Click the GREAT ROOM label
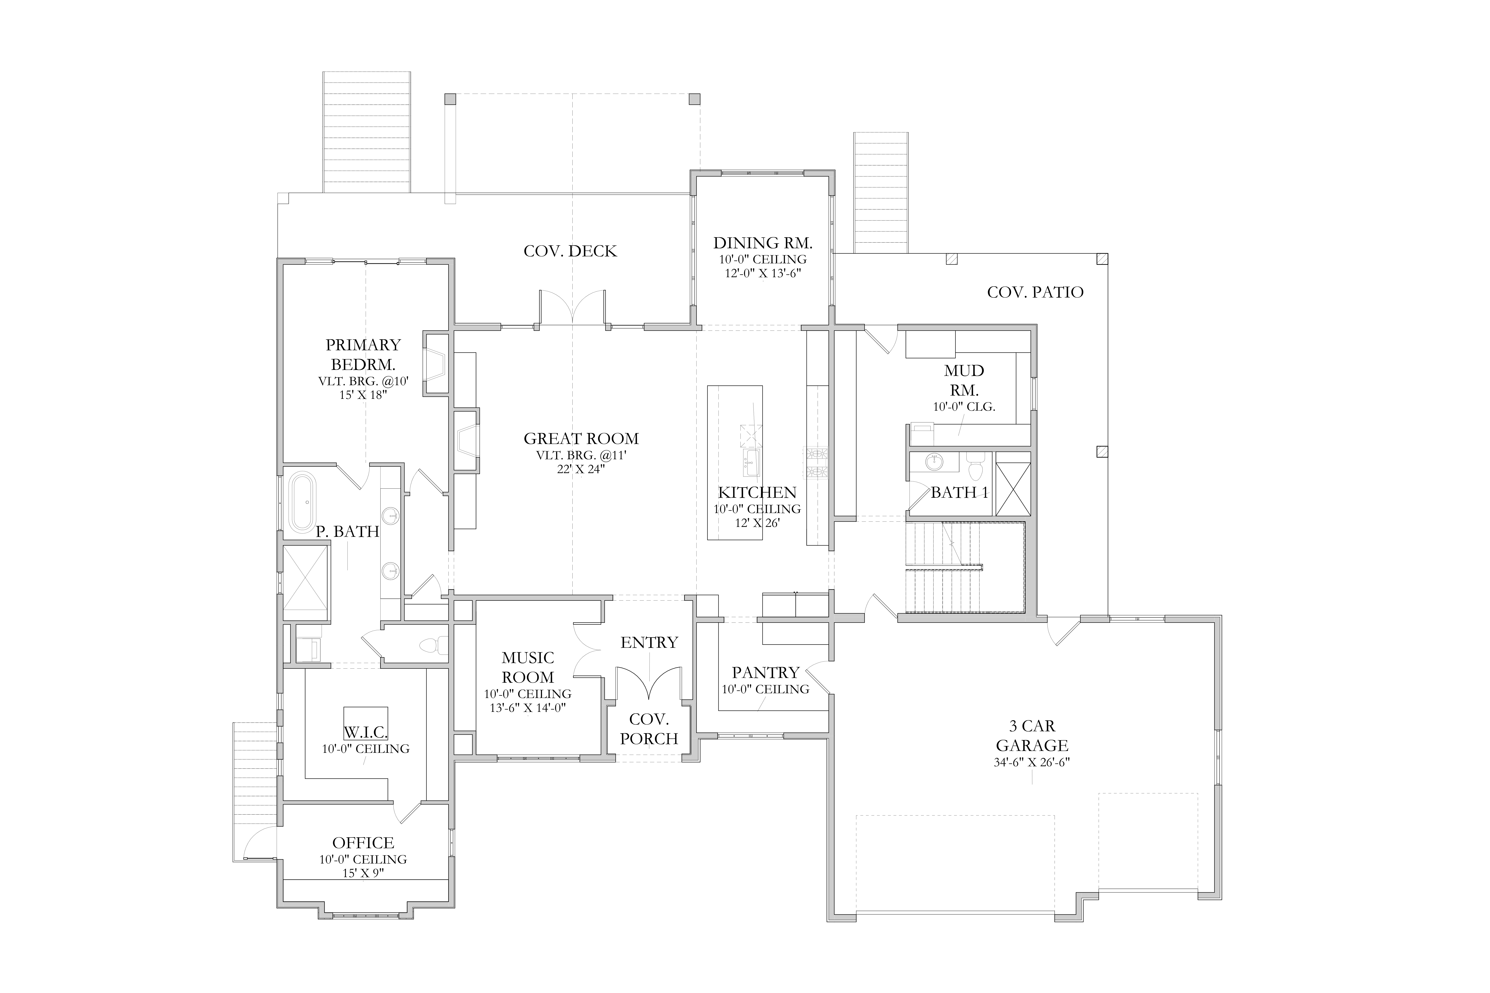pyautogui.click(x=581, y=438)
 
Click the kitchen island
pyautogui.click(x=735, y=462)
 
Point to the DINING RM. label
pyautogui.click(x=763, y=242)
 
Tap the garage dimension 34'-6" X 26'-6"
pyautogui.click(x=1032, y=763)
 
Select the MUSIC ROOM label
pyautogui.click(x=528, y=668)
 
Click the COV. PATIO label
pyautogui.click(x=1035, y=292)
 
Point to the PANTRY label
pyautogui.click(x=765, y=673)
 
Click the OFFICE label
pyautogui.click(x=363, y=843)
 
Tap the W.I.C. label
pyautogui.click(x=365, y=733)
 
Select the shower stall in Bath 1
pyautogui.click(x=1013, y=484)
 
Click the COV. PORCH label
pyautogui.click(x=649, y=729)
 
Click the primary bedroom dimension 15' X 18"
pyautogui.click(x=363, y=395)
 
